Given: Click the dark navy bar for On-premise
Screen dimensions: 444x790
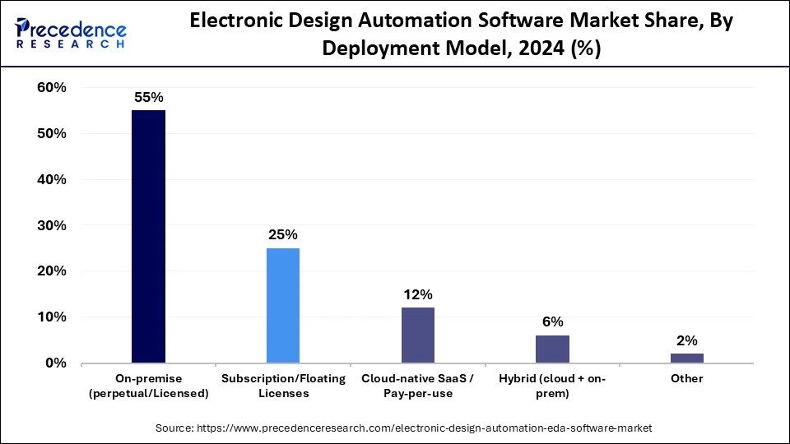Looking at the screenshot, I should [148, 237].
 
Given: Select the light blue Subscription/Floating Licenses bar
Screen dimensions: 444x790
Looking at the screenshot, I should [283, 305].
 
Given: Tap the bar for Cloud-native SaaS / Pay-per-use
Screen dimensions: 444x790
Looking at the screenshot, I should [417, 335].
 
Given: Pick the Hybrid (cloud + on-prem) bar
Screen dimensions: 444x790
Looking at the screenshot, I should [552, 349].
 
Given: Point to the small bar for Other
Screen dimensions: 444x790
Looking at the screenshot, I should [687, 358].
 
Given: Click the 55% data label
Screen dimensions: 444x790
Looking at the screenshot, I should [148, 97].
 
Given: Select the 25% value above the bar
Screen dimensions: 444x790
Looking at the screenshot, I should [283, 234].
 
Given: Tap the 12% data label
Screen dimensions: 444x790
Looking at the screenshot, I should [417, 294].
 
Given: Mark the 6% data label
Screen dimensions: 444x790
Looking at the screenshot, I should [552, 321].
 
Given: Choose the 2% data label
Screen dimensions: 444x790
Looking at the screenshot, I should [687, 340].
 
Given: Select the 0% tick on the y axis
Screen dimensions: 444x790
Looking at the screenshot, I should [57, 363].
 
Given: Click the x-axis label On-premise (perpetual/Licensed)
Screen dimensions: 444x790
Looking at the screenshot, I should [148, 386].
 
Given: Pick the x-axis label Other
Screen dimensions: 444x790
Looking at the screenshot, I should [687, 378].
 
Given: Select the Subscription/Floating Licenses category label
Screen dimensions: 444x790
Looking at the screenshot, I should [283, 386].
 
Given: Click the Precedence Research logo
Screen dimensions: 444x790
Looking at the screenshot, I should [69, 34].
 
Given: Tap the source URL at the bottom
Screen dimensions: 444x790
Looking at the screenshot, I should [403, 428].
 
